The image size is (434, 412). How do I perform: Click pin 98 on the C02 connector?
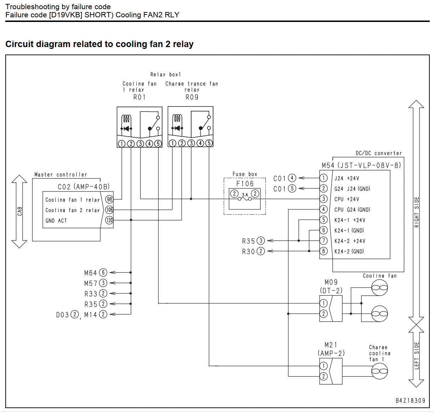[109, 199]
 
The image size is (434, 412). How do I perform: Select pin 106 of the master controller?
[109, 210]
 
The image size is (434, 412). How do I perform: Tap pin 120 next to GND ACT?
[109, 220]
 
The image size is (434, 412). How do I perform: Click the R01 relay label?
[139, 97]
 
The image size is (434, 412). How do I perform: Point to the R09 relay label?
[192, 97]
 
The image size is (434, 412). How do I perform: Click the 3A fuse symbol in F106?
[245, 199]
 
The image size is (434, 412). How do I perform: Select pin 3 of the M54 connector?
[324, 199]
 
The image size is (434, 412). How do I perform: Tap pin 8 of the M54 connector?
[324, 251]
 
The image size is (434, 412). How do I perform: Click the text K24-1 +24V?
[350, 220]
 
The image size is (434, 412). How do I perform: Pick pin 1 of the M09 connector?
[324, 303]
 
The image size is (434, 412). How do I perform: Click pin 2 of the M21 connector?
[324, 376]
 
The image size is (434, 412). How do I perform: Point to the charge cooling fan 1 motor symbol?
[379, 371]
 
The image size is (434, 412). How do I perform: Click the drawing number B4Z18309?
[410, 401]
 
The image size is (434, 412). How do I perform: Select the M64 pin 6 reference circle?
[103, 273]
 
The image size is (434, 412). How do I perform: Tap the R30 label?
[249, 252]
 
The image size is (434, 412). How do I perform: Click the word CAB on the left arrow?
[20, 211]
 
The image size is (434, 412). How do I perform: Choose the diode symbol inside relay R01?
[126, 128]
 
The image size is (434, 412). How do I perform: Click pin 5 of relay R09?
[209, 143]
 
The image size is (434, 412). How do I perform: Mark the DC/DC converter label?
[379, 153]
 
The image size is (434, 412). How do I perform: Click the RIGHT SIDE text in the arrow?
[417, 212]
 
